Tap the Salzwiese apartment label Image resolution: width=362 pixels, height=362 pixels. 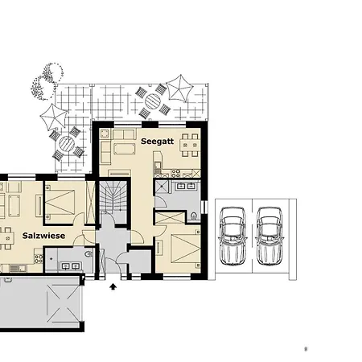(x=43, y=236)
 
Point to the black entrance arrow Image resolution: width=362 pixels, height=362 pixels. (x=113, y=284)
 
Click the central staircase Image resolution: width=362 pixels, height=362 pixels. (x=113, y=201)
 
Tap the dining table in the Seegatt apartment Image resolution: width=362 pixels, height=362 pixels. (x=190, y=146)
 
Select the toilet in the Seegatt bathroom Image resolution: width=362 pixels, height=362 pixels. (x=196, y=215)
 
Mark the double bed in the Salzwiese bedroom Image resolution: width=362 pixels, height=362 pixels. (x=63, y=202)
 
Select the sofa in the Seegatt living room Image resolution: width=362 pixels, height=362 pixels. (x=125, y=148)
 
